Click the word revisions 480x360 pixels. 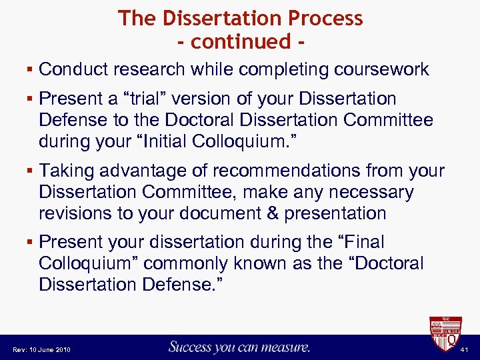click(78, 213)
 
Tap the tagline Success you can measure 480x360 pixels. click(239, 347)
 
